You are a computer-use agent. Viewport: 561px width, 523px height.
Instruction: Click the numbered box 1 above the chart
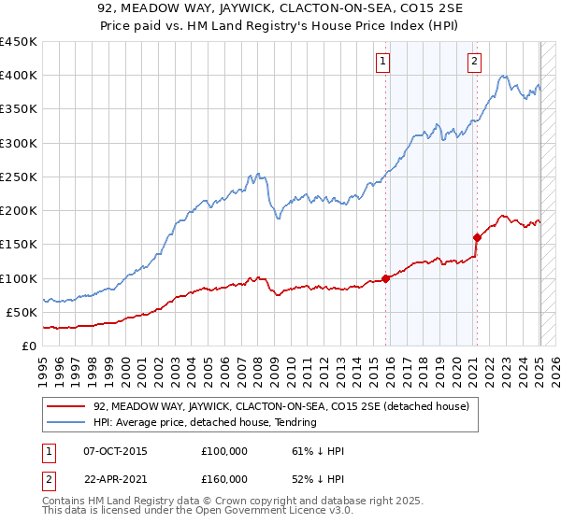coord(383,62)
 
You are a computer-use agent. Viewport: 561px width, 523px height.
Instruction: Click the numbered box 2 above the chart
coord(474,62)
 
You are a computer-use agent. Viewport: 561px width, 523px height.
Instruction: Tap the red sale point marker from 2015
coord(385,278)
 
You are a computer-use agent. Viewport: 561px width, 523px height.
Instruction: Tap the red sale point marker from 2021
coord(477,237)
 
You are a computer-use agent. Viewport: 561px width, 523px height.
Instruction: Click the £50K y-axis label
coord(22,312)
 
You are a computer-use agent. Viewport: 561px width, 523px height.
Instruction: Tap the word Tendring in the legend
coord(296,422)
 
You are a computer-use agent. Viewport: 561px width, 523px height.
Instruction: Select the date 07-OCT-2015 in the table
coord(108,451)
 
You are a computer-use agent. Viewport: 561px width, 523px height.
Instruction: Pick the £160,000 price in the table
coord(224,479)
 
